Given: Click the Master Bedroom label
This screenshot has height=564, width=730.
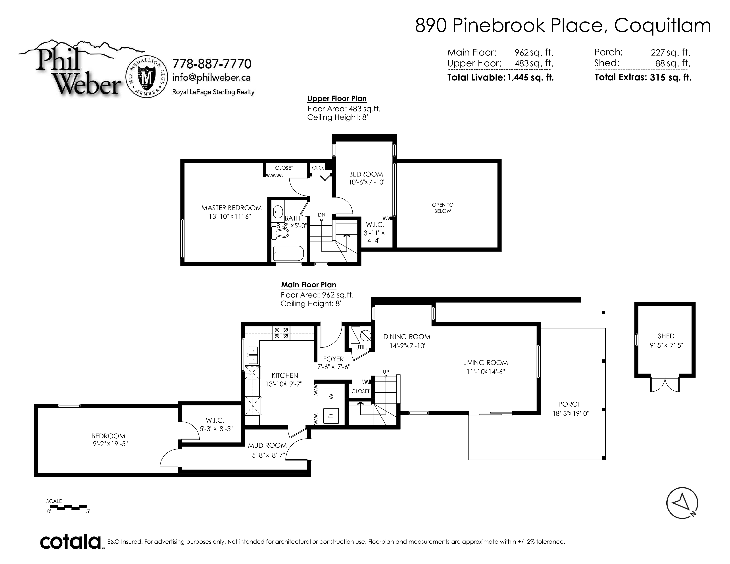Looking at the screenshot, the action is click(231, 208).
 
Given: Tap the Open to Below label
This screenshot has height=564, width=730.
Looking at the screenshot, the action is click(443, 208).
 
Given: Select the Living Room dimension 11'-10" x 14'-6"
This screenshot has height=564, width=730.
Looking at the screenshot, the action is click(486, 372).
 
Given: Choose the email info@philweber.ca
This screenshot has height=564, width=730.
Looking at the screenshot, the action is click(211, 77).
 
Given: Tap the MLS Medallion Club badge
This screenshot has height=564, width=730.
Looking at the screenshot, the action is click(147, 77).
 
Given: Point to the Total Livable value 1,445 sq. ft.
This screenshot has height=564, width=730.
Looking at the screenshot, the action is click(530, 77).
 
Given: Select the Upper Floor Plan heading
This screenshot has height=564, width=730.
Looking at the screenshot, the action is click(337, 99).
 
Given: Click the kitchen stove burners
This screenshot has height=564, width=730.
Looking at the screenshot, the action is click(281, 333).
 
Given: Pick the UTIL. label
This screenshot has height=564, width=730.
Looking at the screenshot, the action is click(361, 347).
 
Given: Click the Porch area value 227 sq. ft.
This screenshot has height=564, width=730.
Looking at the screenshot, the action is click(670, 52).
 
